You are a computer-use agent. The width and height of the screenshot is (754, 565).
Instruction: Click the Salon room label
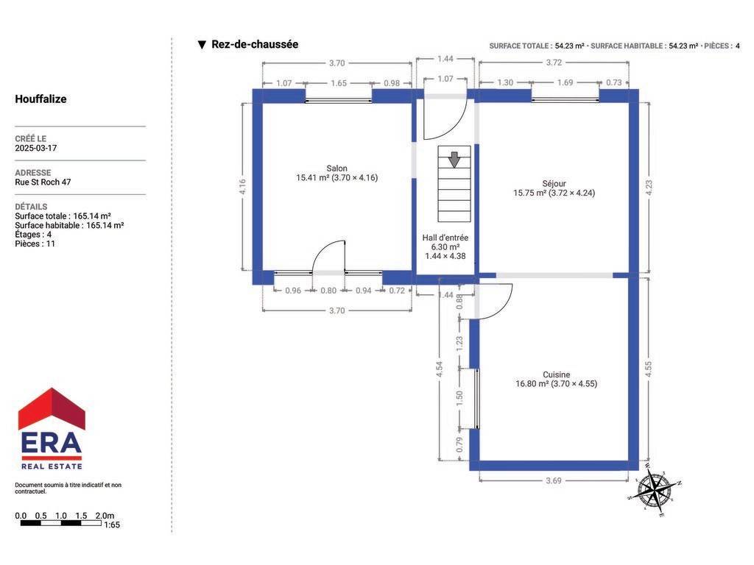click(x=337, y=168)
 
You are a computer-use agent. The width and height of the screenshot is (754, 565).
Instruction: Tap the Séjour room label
click(x=554, y=183)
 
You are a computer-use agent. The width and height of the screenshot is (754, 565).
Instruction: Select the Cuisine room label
click(x=557, y=374)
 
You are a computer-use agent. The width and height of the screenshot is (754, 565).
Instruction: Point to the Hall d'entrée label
click(x=445, y=238)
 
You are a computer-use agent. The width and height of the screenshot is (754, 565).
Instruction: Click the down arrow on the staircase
click(x=454, y=160)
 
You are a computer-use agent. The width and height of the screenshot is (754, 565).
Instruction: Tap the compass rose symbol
click(x=654, y=490)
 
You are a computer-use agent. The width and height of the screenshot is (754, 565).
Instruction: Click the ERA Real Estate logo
click(x=52, y=429)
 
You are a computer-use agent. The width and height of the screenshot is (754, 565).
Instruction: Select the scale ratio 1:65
click(x=112, y=525)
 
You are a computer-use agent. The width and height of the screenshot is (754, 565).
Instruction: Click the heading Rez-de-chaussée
click(x=255, y=44)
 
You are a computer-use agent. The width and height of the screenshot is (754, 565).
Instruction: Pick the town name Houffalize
click(x=41, y=99)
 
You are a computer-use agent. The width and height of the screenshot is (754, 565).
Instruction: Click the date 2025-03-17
click(x=35, y=148)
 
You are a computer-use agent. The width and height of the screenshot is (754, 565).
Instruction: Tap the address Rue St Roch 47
click(x=43, y=182)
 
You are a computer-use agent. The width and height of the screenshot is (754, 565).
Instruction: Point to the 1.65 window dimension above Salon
click(x=339, y=83)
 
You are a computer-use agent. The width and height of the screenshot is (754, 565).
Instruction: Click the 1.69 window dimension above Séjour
click(x=565, y=82)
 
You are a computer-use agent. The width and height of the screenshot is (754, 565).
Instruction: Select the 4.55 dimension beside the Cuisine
click(x=648, y=369)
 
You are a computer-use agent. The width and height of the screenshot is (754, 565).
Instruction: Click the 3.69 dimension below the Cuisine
click(x=554, y=480)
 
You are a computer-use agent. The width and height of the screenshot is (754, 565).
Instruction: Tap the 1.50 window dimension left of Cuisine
click(x=459, y=398)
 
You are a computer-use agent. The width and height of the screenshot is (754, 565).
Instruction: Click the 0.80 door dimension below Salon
click(x=328, y=291)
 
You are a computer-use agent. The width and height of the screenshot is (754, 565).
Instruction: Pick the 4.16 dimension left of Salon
click(x=242, y=186)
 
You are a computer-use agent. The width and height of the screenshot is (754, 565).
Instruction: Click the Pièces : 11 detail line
click(x=35, y=244)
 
